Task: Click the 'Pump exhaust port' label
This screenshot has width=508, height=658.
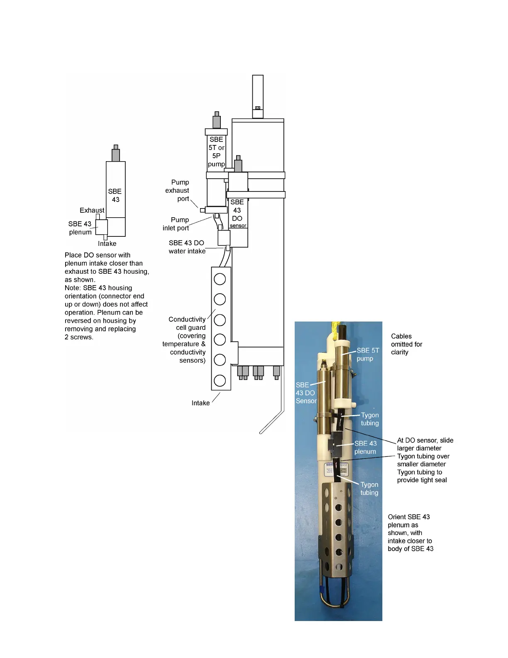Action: pyautogui.click(x=177, y=191)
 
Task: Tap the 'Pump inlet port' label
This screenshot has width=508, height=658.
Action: pyautogui.click(x=176, y=224)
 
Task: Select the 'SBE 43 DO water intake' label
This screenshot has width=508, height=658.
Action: pyautogui.click(x=187, y=247)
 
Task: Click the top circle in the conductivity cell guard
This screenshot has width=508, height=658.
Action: pyautogui.click(x=220, y=279)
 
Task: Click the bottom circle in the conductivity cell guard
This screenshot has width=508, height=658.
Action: pyautogui.click(x=220, y=381)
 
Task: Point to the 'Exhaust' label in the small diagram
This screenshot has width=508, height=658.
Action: pyautogui.click(x=92, y=211)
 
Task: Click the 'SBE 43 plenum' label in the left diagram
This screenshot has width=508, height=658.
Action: pyautogui.click(x=80, y=228)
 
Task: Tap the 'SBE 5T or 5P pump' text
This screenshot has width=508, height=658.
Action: pyautogui.click(x=216, y=152)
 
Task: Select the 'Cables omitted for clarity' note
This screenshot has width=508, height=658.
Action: pyautogui.click(x=406, y=344)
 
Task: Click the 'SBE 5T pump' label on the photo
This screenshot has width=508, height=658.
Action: pyautogui.click(x=367, y=354)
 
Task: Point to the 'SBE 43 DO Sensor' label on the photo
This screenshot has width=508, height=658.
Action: pyautogui.click(x=306, y=393)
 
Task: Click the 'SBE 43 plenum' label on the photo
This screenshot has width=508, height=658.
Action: pyautogui.click(x=365, y=447)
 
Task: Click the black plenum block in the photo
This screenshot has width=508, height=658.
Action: pyautogui.click(x=336, y=442)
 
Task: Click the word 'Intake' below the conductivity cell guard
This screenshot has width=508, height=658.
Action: pyautogui.click(x=200, y=403)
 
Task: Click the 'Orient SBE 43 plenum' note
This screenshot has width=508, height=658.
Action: pyautogui.click(x=410, y=533)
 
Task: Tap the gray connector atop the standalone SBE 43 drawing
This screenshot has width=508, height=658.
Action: pyautogui.click(x=116, y=154)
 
